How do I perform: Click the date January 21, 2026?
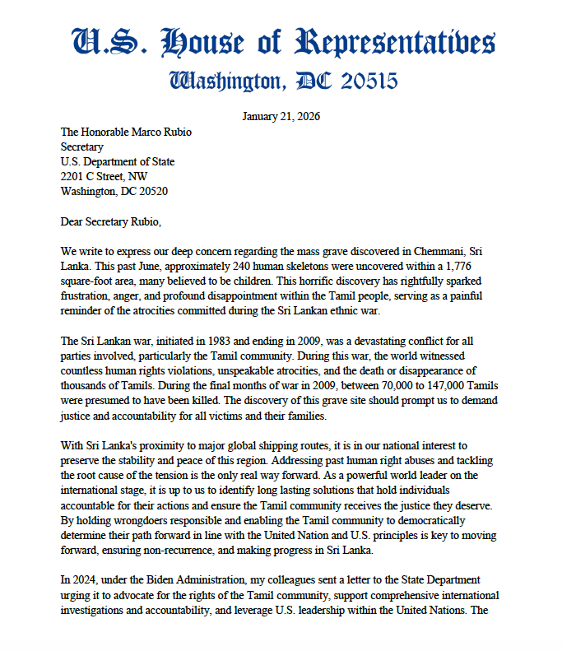click(281, 116)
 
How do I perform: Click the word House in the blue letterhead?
click(205, 43)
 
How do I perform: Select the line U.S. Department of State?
click(118, 161)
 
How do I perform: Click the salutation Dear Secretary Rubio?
click(112, 221)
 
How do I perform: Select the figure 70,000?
click(378, 384)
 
